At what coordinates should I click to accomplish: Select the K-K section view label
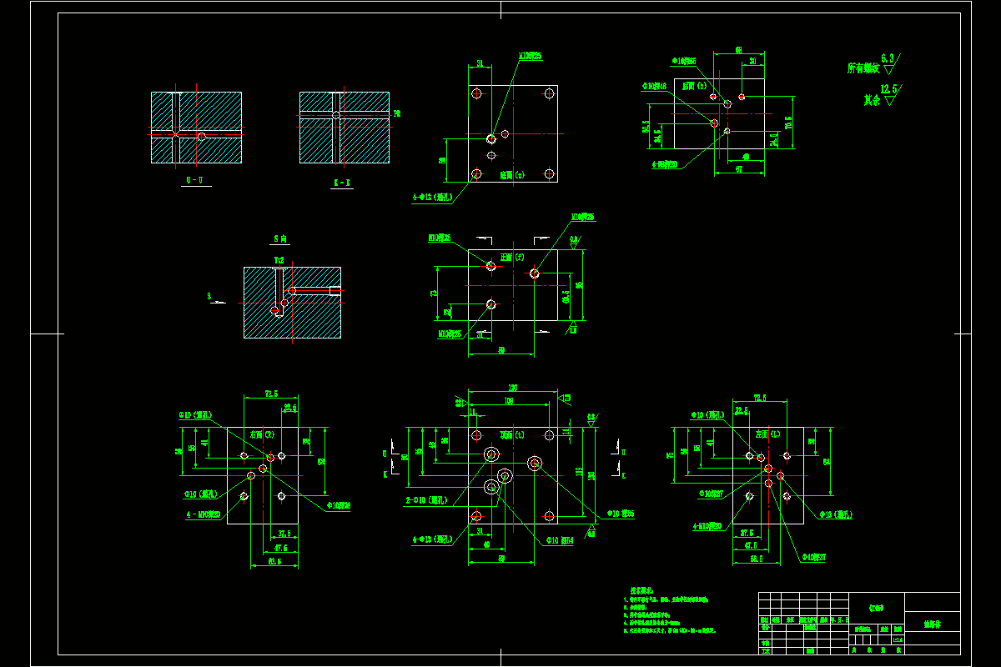coord(342,181)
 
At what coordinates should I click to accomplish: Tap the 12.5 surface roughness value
coord(890,88)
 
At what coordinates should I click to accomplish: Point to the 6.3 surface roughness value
coord(888,58)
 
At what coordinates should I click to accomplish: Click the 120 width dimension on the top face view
coord(512,389)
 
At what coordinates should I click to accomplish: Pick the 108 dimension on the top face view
coord(508,401)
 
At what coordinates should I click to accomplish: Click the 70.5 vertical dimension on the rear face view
coord(789,122)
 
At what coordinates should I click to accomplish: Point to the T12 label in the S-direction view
coord(279,260)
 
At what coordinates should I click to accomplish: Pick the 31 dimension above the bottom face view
coord(480,63)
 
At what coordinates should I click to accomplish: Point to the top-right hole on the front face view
coord(534,273)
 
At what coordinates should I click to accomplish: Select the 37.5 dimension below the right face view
coord(284,534)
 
